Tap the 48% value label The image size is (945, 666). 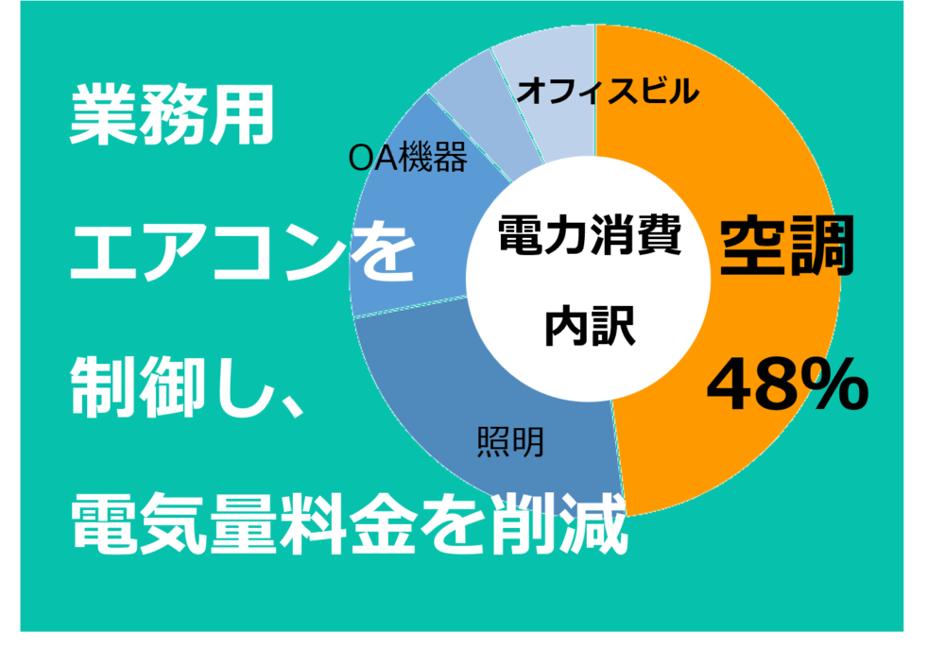click(x=787, y=384)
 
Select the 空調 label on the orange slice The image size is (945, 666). click(x=788, y=246)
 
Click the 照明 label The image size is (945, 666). click(x=510, y=442)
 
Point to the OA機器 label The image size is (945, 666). click(x=408, y=158)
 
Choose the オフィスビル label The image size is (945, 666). click(x=608, y=92)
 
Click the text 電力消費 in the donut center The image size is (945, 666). click(x=590, y=234)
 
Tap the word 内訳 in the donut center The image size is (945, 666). click(x=590, y=326)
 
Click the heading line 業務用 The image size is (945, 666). click(x=172, y=114)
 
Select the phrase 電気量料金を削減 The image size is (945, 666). click(x=350, y=523)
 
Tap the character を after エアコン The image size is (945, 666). click(x=384, y=251)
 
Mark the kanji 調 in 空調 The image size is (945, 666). click(x=823, y=246)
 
